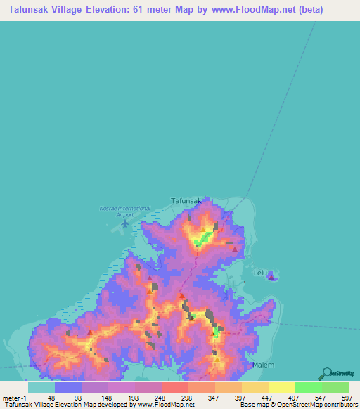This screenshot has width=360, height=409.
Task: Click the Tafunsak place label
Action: point(187,200)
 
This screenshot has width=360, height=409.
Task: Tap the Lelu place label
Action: point(259,270)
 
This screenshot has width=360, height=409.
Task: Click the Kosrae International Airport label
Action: point(125,212)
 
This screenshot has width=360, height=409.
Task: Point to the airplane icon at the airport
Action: point(126,223)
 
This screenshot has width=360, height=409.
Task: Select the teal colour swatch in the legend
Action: point(41,387)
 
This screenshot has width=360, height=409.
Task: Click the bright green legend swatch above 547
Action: point(309,387)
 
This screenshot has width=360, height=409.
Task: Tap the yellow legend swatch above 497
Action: point(282,387)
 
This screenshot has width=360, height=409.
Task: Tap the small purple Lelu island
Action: point(272,277)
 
